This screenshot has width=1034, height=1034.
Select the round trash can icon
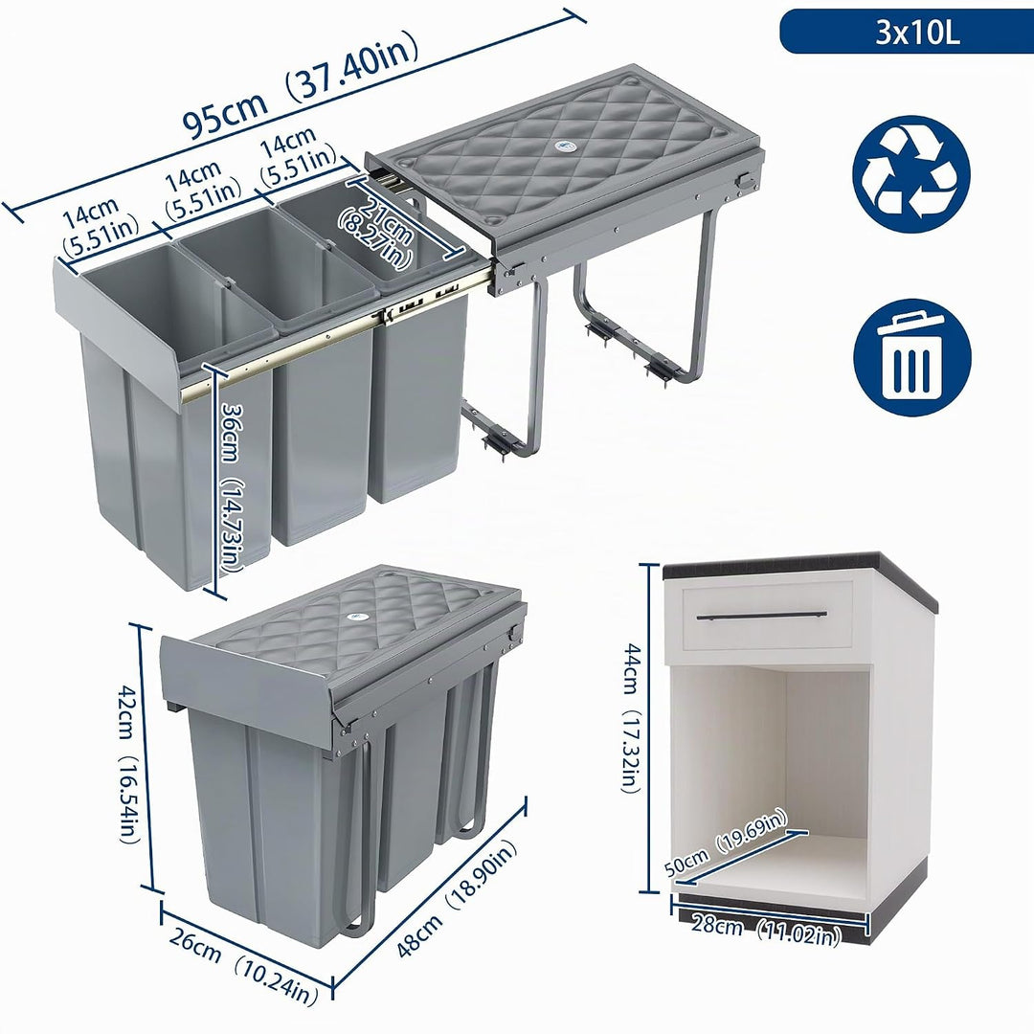pos(912,357)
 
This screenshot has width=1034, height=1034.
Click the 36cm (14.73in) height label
pos(230,487)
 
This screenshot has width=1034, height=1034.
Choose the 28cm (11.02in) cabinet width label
pos(766,931)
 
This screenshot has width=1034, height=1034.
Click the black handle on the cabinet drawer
pos(762,616)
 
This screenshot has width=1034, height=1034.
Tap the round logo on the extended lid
pos(565,145)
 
